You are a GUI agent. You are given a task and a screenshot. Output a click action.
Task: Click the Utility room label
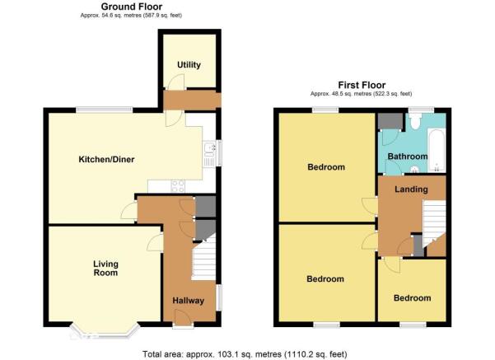(x=189, y=65)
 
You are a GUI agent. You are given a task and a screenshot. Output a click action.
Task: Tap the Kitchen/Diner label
(x=106, y=160)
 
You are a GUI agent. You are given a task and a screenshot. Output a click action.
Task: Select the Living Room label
(x=105, y=268)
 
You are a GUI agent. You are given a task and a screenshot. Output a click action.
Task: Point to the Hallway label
(x=188, y=301)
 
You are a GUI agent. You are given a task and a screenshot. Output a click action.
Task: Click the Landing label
(x=411, y=189)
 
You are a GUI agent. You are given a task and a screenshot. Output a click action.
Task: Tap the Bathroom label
(x=408, y=157)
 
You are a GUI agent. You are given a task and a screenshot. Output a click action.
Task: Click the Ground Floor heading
(x=132, y=7)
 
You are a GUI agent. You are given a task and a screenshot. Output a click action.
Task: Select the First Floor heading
(x=362, y=86)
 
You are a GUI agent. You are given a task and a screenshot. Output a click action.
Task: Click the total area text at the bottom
(x=245, y=354)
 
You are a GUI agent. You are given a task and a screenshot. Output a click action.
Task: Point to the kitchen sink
(x=209, y=153)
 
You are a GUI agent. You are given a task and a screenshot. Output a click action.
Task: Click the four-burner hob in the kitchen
(x=178, y=185)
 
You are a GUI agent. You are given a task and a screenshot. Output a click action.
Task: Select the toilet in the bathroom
(x=415, y=122)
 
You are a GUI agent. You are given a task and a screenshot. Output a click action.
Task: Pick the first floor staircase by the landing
(x=434, y=223)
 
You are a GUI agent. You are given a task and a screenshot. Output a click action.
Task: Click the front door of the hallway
(x=183, y=317)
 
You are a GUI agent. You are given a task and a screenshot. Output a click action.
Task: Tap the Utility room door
(x=174, y=82)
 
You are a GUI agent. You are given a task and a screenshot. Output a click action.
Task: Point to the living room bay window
(x=105, y=330)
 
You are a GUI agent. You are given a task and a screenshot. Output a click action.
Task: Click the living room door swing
(x=156, y=242)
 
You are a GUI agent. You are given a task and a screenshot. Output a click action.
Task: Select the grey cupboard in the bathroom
(x=390, y=121)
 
